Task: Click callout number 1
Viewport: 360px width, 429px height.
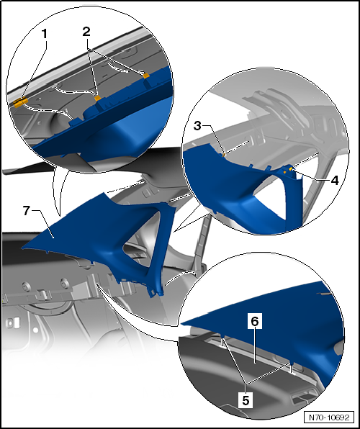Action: (x=44, y=35)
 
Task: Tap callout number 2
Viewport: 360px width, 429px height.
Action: (x=86, y=32)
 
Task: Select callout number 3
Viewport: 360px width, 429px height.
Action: (x=197, y=126)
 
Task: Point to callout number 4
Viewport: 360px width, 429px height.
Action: (x=335, y=180)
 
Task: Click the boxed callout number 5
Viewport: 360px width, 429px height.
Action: (x=246, y=400)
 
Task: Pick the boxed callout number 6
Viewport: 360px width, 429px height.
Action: (x=255, y=322)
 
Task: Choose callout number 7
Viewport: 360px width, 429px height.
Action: (x=26, y=211)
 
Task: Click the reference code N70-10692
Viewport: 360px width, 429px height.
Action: (x=329, y=417)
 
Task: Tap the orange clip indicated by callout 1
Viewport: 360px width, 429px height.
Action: (x=21, y=102)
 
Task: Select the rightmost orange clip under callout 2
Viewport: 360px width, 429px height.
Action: (x=146, y=76)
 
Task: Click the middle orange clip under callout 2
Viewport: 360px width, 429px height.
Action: (x=98, y=98)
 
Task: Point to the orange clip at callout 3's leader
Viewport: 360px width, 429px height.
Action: (x=223, y=155)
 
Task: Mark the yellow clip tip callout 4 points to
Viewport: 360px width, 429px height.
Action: (x=290, y=169)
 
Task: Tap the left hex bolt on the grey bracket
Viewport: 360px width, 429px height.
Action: (x=27, y=286)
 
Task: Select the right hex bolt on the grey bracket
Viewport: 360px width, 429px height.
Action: (x=64, y=283)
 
